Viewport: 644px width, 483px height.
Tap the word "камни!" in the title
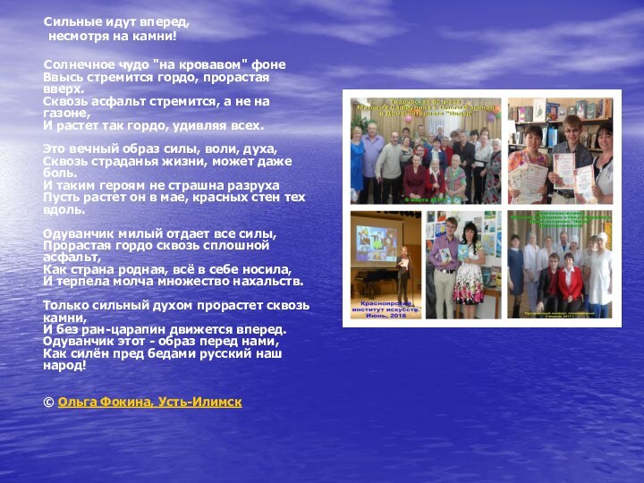(x=157, y=38)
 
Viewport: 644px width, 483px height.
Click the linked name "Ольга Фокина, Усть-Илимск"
(x=149, y=403)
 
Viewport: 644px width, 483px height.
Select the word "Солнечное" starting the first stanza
(x=78, y=65)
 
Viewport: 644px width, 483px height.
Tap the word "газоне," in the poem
(x=66, y=114)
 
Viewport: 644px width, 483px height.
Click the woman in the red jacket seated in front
(x=569, y=286)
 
